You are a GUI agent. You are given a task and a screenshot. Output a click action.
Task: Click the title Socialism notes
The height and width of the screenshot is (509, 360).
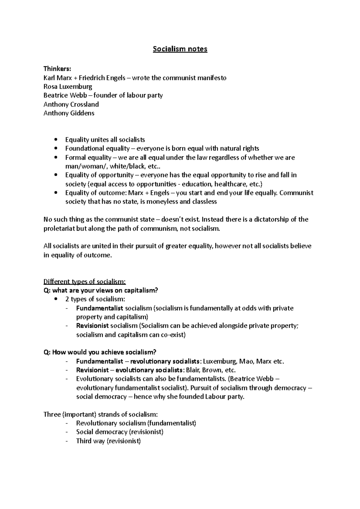click(180, 49)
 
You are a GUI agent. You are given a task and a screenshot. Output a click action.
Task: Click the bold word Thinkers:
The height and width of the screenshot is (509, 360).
click(57, 69)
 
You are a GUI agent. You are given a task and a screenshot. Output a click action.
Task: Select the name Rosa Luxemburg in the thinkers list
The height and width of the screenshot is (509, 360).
click(68, 87)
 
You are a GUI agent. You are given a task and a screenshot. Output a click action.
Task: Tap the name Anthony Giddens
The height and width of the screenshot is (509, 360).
click(69, 113)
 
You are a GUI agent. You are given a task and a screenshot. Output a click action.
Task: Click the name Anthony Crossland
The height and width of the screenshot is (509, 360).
click(71, 104)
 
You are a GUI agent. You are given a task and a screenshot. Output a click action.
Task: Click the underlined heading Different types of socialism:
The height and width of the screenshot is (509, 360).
click(85, 281)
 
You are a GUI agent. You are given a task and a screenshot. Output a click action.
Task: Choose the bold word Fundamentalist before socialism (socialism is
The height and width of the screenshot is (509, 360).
click(100, 308)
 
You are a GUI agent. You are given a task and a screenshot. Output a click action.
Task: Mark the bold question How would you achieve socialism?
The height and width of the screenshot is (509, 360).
click(100, 352)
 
